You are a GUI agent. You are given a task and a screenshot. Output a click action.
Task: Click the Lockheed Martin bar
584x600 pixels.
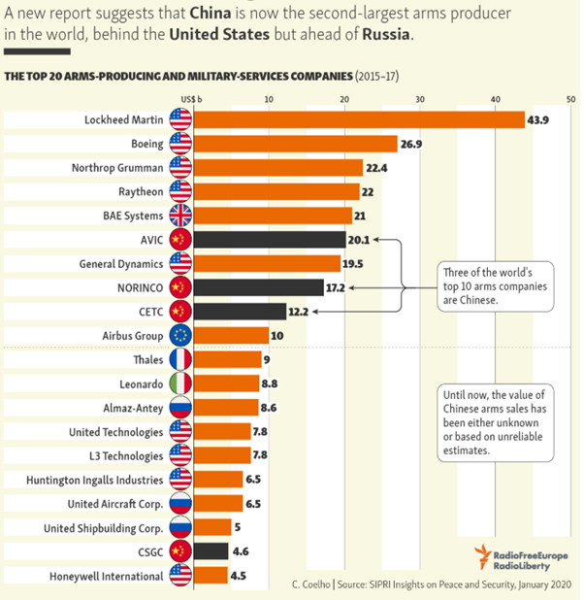pos(359,119)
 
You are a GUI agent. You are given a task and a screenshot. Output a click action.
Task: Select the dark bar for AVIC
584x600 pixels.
pos(270,240)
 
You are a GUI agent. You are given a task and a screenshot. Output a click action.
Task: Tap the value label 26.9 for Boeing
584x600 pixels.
pos(412,144)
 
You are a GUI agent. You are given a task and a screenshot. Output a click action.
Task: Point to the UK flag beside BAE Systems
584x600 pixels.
pos(180,216)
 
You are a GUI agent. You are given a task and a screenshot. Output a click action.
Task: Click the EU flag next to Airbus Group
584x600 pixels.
pos(180,336)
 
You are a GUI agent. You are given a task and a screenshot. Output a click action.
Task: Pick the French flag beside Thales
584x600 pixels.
pos(180,360)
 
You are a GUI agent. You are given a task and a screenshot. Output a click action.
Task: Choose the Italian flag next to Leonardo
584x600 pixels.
pos(180,383)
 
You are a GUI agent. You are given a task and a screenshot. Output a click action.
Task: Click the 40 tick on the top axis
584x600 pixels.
pos(496,99)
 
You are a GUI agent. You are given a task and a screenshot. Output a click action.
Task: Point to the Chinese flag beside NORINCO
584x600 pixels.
pos(180,287)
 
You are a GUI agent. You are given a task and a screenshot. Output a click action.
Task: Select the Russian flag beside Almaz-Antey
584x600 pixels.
pos(180,408)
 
